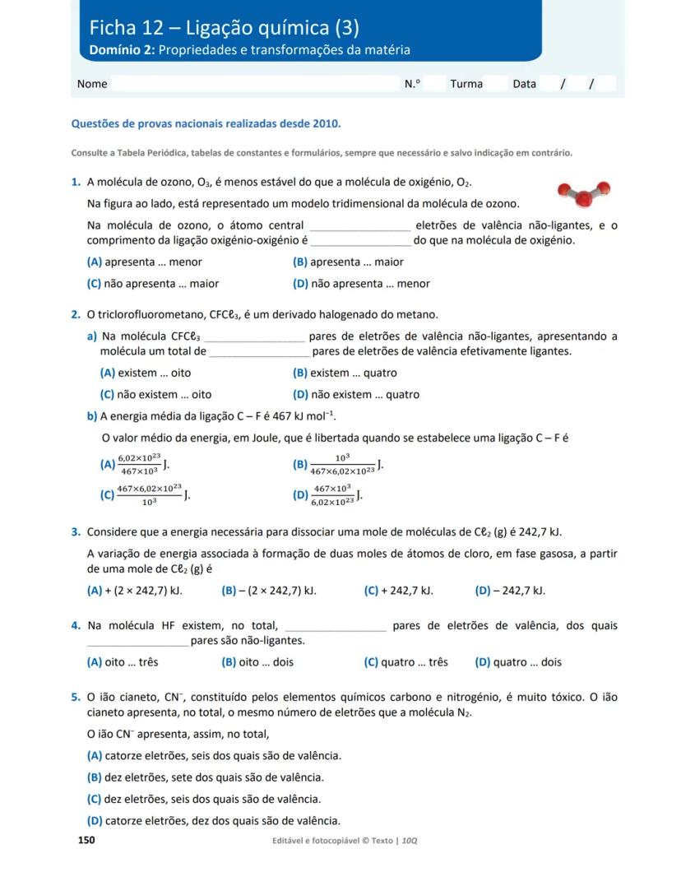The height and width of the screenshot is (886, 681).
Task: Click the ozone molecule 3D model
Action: coord(583,193)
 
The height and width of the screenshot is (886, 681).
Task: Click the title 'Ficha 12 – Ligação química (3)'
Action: coord(225,28)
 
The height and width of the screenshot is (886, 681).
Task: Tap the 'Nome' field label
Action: coord(92,84)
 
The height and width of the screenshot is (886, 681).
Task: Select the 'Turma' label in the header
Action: coord(466,84)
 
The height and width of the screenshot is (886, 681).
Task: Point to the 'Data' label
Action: coord(524,84)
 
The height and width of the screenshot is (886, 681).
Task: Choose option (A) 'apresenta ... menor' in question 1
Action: coord(144,262)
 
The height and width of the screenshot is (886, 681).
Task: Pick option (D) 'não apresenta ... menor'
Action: coord(361,284)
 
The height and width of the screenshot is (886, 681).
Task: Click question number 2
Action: coord(75,315)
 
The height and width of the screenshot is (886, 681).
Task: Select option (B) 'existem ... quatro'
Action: coord(345,373)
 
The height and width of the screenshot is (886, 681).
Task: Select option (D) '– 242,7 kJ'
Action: coord(510,591)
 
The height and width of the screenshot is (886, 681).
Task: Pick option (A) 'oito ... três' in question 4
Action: coord(123,662)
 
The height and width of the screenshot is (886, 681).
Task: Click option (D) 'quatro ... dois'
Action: coord(518,662)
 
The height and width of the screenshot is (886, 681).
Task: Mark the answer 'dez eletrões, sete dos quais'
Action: coord(205,777)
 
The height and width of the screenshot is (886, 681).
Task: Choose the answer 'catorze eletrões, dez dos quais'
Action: coord(213,821)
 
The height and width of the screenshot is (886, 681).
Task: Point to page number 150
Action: coord(86,840)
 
